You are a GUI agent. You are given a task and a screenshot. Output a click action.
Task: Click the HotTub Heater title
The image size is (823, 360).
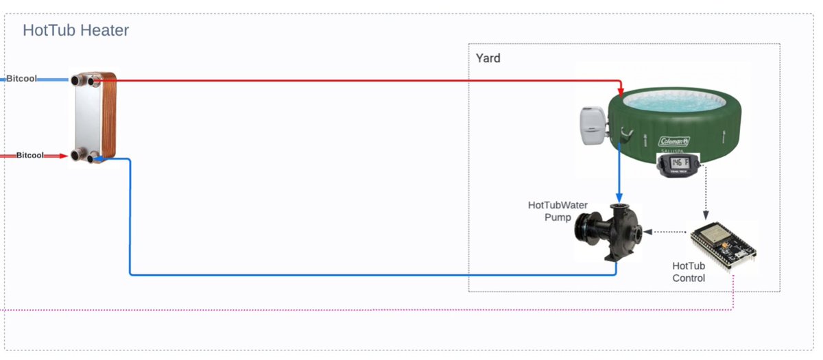[x=75, y=30]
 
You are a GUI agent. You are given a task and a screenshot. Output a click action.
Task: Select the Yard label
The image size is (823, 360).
[x=488, y=58]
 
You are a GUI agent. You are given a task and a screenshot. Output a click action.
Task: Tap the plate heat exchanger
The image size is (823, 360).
[x=95, y=117]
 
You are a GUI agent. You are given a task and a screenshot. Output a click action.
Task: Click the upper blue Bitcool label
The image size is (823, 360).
[x=21, y=79]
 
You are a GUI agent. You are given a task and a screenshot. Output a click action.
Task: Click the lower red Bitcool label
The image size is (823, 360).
[x=29, y=156]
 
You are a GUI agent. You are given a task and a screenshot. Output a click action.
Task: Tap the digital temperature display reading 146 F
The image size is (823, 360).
[x=678, y=163]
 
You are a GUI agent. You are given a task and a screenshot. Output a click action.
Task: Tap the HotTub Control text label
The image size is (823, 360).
[x=689, y=272]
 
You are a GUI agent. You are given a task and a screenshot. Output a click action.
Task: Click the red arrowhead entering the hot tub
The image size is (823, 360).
[x=620, y=92]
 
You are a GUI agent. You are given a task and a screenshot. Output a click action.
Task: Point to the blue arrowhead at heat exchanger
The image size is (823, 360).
[x=99, y=158]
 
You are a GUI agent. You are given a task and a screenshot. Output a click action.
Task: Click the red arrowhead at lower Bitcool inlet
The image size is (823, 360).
[x=64, y=156]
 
